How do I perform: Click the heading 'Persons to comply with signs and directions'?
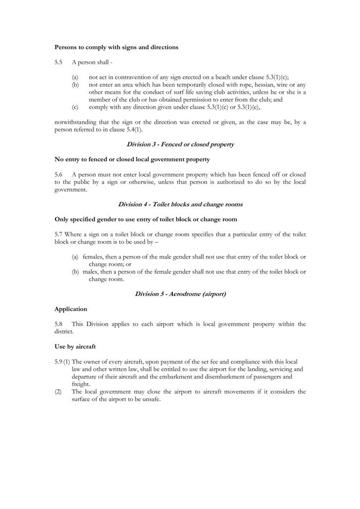[x=116, y=47]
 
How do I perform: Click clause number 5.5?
[x=59, y=62]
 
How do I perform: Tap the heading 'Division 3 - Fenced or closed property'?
[x=180, y=144]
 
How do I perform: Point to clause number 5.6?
[x=59, y=174]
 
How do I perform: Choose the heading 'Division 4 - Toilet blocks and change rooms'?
[x=180, y=204]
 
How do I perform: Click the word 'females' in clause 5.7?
[x=93, y=256]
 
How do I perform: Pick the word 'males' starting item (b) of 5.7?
[x=91, y=271]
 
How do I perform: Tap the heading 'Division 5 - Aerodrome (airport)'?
[x=180, y=294]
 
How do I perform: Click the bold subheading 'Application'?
[x=71, y=309]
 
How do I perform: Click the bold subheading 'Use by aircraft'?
[x=75, y=346]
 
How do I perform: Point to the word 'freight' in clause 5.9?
[x=81, y=383]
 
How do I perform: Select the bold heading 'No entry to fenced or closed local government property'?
[x=132, y=159]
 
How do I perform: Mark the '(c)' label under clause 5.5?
[x=75, y=107]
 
